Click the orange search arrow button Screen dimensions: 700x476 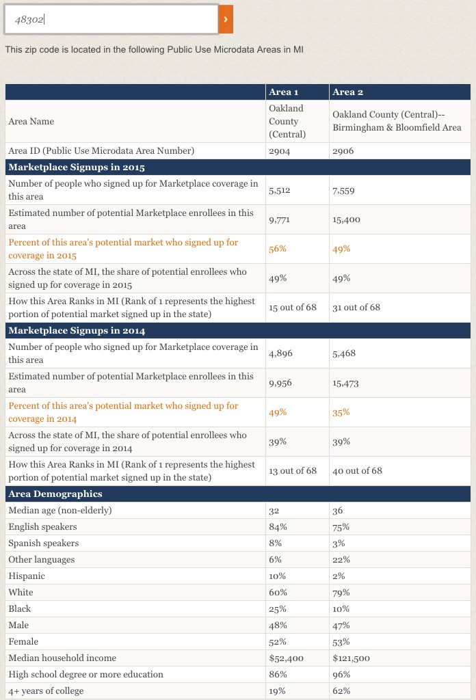(x=226, y=19)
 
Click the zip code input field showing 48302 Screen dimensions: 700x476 (x=111, y=19)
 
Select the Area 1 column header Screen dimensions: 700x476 (x=283, y=92)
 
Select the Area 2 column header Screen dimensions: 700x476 (x=343, y=92)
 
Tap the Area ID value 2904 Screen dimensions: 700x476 (x=280, y=151)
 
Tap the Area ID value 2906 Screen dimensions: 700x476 (x=343, y=151)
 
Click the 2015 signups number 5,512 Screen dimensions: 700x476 (x=280, y=190)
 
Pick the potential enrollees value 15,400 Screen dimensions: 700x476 (x=346, y=219)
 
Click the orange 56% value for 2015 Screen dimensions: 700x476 (x=278, y=249)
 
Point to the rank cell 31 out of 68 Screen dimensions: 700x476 (x=356, y=308)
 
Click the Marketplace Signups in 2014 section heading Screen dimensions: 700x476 (x=77, y=331)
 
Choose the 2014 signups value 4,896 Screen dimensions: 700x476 (x=280, y=353)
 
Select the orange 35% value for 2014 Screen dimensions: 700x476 (x=341, y=412)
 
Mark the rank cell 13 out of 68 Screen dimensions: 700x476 (x=293, y=471)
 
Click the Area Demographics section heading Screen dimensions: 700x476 (x=55, y=494)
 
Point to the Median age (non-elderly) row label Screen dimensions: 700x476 (x=60, y=511)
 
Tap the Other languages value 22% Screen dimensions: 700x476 (x=341, y=560)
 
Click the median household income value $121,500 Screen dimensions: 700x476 (x=351, y=658)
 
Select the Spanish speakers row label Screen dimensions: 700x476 (x=43, y=543)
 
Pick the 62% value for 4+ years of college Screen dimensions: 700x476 (x=341, y=691)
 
